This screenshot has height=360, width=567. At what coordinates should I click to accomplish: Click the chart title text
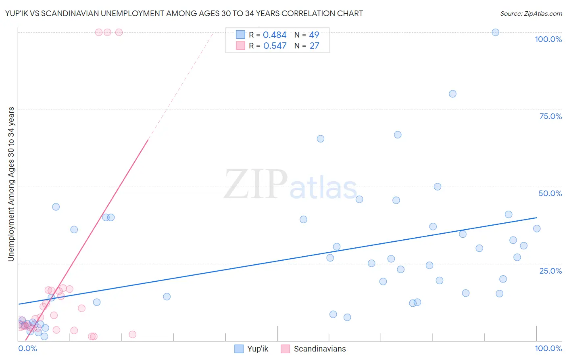[x=184, y=13]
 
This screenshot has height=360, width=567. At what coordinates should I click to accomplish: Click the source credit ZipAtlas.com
[x=531, y=13]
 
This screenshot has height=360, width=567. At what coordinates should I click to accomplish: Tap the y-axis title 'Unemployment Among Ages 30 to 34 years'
[x=11, y=184]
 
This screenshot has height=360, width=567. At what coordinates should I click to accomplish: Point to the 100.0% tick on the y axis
[x=548, y=39]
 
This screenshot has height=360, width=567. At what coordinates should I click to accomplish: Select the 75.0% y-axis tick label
[x=550, y=116]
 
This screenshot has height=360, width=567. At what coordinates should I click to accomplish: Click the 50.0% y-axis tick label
[x=550, y=193]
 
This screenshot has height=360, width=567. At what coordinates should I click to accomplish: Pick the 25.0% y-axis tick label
[x=550, y=270]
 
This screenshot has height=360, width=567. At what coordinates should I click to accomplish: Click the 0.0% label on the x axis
[x=28, y=348]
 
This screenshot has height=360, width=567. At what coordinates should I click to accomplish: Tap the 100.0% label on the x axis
[x=548, y=348]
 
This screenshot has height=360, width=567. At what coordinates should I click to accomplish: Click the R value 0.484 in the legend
[x=275, y=35]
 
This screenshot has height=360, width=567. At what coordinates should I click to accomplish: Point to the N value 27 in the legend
[x=314, y=46]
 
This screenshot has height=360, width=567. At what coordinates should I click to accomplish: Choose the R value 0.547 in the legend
[x=275, y=46]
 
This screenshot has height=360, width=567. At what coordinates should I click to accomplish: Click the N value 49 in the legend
[x=314, y=35]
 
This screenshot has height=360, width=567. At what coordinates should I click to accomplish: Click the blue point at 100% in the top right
[x=495, y=32]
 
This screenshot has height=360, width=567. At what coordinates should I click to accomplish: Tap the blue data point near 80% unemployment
[x=452, y=94]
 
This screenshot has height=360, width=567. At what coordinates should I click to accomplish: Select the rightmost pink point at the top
[x=119, y=32]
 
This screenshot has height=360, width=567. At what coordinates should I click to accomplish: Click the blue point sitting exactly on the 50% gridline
[x=437, y=186]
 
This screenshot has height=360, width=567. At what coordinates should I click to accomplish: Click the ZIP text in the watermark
[x=255, y=184]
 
